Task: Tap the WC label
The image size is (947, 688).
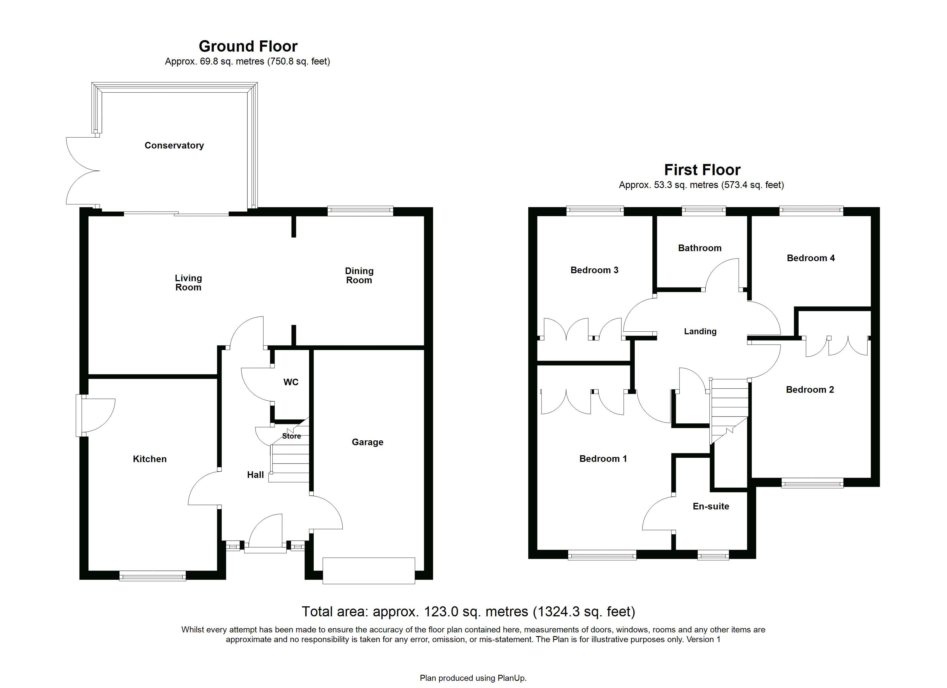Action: point(291,382)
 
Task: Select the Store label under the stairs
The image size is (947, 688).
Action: point(292,436)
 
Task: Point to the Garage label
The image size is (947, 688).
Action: point(367,442)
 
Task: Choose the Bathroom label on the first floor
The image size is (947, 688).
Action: point(700,248)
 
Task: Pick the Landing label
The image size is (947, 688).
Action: point(700,332)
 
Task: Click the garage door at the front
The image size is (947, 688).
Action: point(369,570)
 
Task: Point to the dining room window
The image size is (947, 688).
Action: point(360,211)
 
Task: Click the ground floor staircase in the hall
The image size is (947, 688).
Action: point(290,455)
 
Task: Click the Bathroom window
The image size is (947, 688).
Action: point(704,211)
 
